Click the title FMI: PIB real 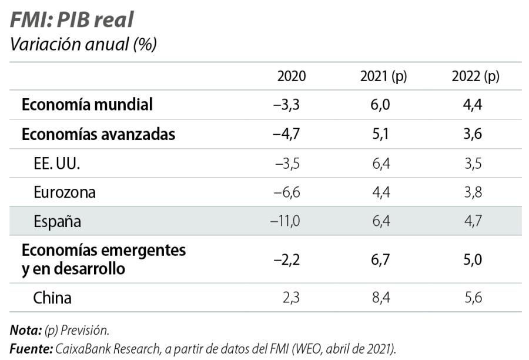coord(71,19)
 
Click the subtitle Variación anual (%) coord(83,45)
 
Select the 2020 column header coord(292,76)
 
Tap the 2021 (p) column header coord(383,76)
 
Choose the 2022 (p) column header coord(475,76)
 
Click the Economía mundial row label coord(87,105)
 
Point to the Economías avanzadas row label coord(98,134)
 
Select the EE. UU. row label coord(56,164)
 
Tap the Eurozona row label coord(64,192)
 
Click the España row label coord(57,221)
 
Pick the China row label coord(52,298)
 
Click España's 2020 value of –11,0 coord(285,221)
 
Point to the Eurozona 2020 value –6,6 coord(287,192)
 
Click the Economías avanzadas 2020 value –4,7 coord(287,134)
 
